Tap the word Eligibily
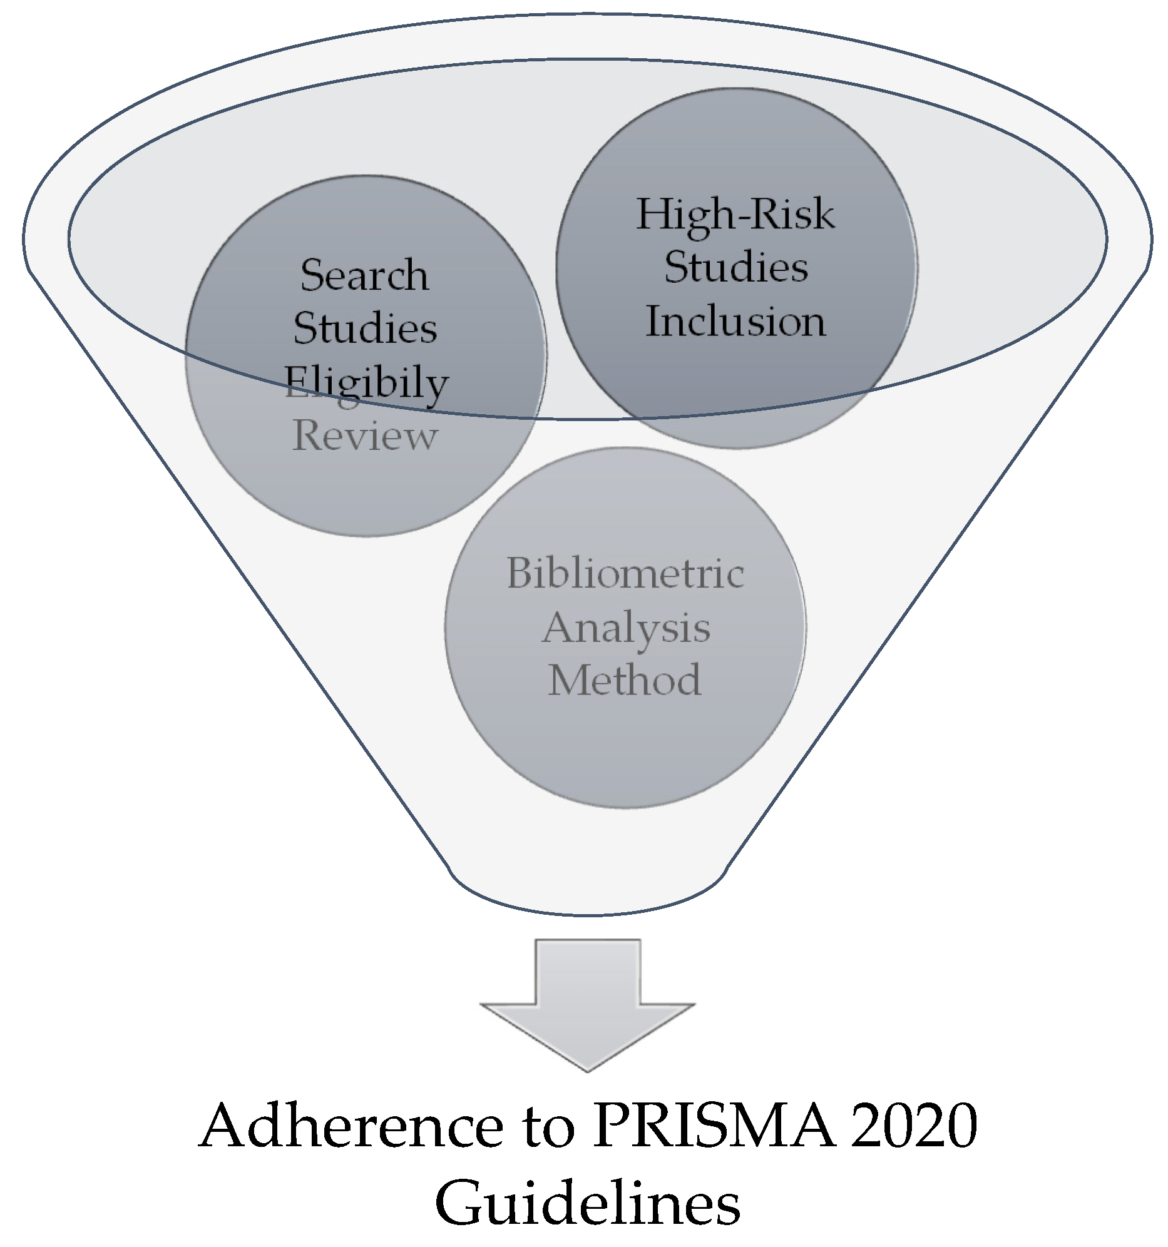point(366,382)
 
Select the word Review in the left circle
point(365,435)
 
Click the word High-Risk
point(735,215)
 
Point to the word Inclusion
point(735,321)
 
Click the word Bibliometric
point(625,573)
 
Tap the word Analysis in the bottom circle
point(626,627)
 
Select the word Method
point(625,680)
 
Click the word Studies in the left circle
point(365,328)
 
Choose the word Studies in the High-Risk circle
point(735,268)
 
